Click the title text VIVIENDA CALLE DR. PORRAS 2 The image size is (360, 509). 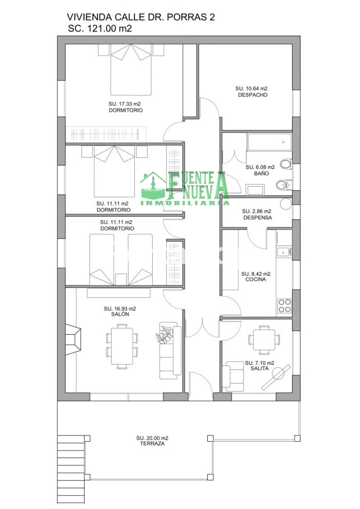(140, 17)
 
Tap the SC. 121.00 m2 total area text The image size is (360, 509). (99, 29)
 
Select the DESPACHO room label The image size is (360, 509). (253, 95)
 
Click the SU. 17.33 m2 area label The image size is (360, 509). (124, 104)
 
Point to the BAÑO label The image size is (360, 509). (262, 173)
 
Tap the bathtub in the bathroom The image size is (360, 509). (270, 142)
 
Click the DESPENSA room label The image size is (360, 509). (257, 217)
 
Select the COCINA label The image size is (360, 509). (255, 279)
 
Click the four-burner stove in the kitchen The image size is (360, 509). (284, 306)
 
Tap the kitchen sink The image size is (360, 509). (284, 251)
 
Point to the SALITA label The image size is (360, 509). (260, 369)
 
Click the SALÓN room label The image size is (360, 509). (120, 314)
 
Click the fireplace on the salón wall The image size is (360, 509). (73, 340)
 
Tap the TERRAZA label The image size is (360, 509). (152, 443)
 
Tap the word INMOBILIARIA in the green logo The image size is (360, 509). (185, 203)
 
